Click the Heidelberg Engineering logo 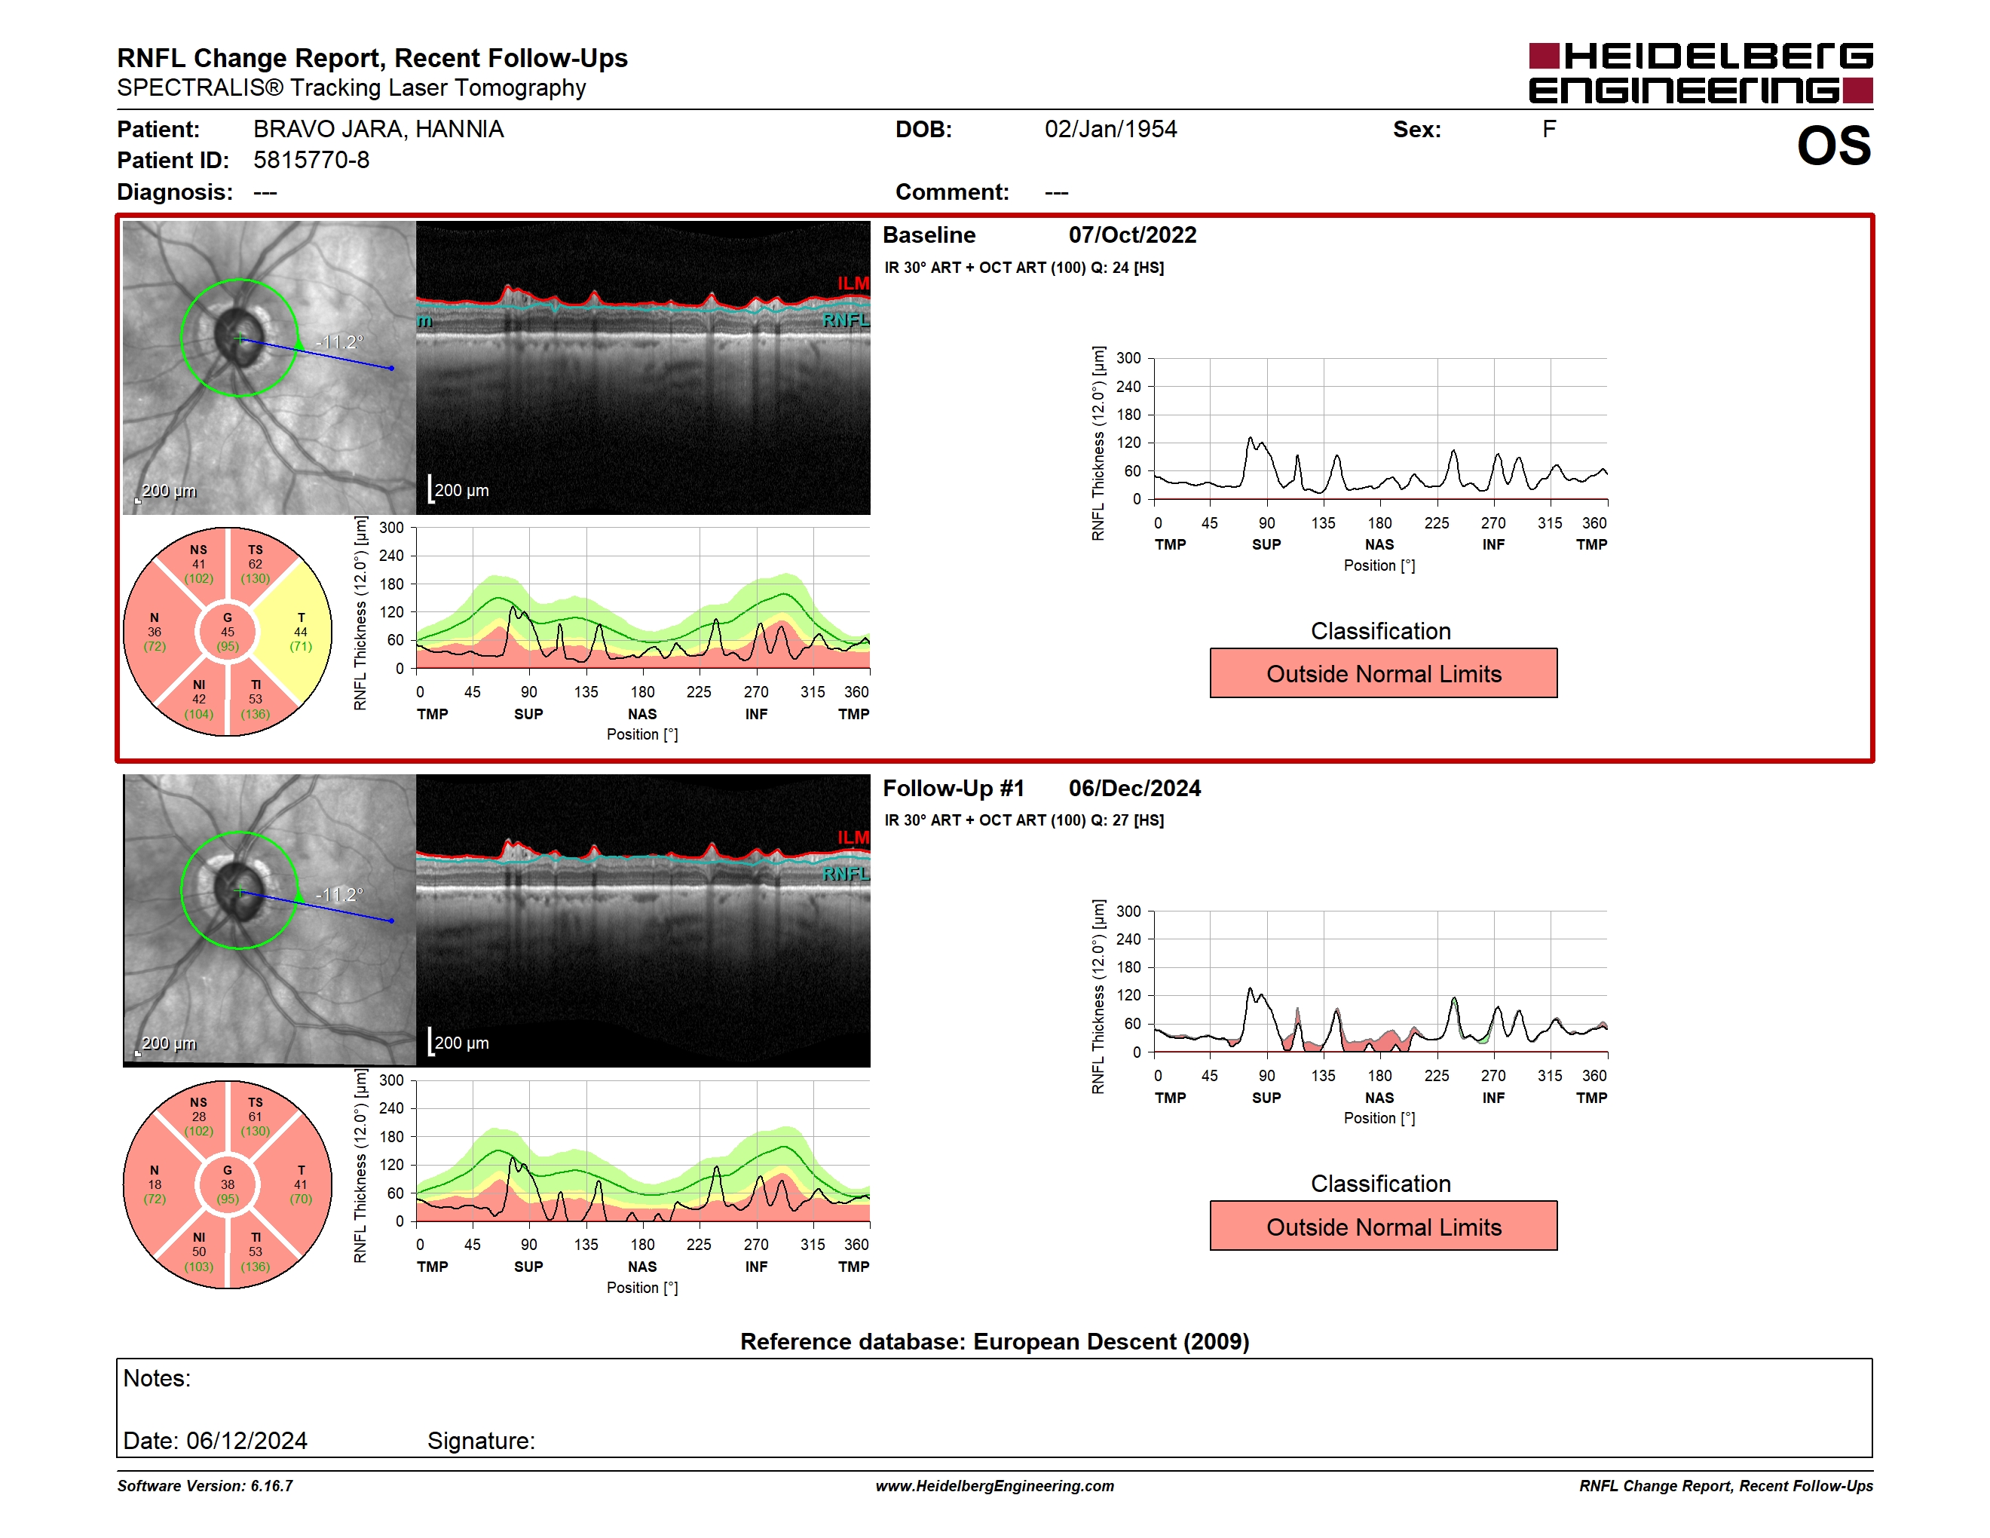point(1701,73)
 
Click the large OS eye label point(1833,146)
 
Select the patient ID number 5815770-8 point(311,161)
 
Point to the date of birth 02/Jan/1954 point(1111,130)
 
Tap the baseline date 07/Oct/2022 point(1133,235)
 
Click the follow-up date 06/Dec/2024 point(1134,788)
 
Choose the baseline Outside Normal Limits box point(1383,673)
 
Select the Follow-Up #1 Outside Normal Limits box point(1383,1227)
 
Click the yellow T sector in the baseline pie point(296,632)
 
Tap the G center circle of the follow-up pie point(228,1184)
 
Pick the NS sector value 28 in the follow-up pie point(199,1116)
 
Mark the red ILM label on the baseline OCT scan point(853,283)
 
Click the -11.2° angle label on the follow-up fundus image point(339,895)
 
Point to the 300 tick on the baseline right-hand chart point(1128,358)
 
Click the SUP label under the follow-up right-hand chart point(1266,1098)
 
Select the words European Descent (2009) point(1112,1342)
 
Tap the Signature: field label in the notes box point(481,1441)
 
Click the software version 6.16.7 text point(271,1486)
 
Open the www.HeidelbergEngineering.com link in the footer point(995,1486)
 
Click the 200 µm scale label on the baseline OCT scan point(461,490)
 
